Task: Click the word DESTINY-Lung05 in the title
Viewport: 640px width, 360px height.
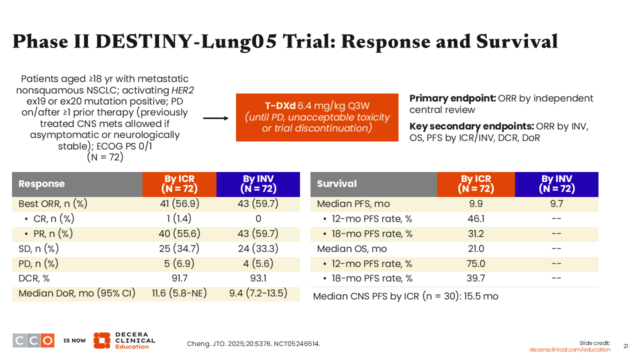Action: (x=186, y=41)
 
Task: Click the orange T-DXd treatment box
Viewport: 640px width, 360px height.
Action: (x=317, y=117)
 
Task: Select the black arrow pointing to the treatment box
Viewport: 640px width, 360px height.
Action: (x=216, y=118)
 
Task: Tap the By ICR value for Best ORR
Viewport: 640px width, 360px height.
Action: (x=179, y=203)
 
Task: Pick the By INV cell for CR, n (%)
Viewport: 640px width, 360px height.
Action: (x=258, y=219)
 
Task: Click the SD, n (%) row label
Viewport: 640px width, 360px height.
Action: (x=38, y=249)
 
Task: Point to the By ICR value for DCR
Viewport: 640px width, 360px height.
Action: (x=179, y=278)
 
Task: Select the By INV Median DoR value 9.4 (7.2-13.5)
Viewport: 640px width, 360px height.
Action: (x=258, y=293)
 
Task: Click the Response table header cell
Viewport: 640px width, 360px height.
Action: (x=77, y=184)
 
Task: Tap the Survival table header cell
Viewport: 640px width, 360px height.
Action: (x=373, y=184)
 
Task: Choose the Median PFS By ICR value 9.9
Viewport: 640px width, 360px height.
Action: (x=476, y=203)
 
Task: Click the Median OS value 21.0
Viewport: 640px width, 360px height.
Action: (x=476, y=249)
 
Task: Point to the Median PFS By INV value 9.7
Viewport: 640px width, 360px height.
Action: (x=556, y=203)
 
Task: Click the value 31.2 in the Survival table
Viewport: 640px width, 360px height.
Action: (x=476, y=233)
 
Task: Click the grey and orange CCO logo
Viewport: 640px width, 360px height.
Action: (x=33, y=340)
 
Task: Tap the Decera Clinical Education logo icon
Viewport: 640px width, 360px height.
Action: (x=101, y=340)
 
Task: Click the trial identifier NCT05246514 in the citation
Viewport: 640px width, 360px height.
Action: (x=297, y=343)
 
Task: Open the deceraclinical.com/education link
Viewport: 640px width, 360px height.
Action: (x=569, y=349)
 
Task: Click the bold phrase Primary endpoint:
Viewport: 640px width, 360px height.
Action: (x=452, y=98)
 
